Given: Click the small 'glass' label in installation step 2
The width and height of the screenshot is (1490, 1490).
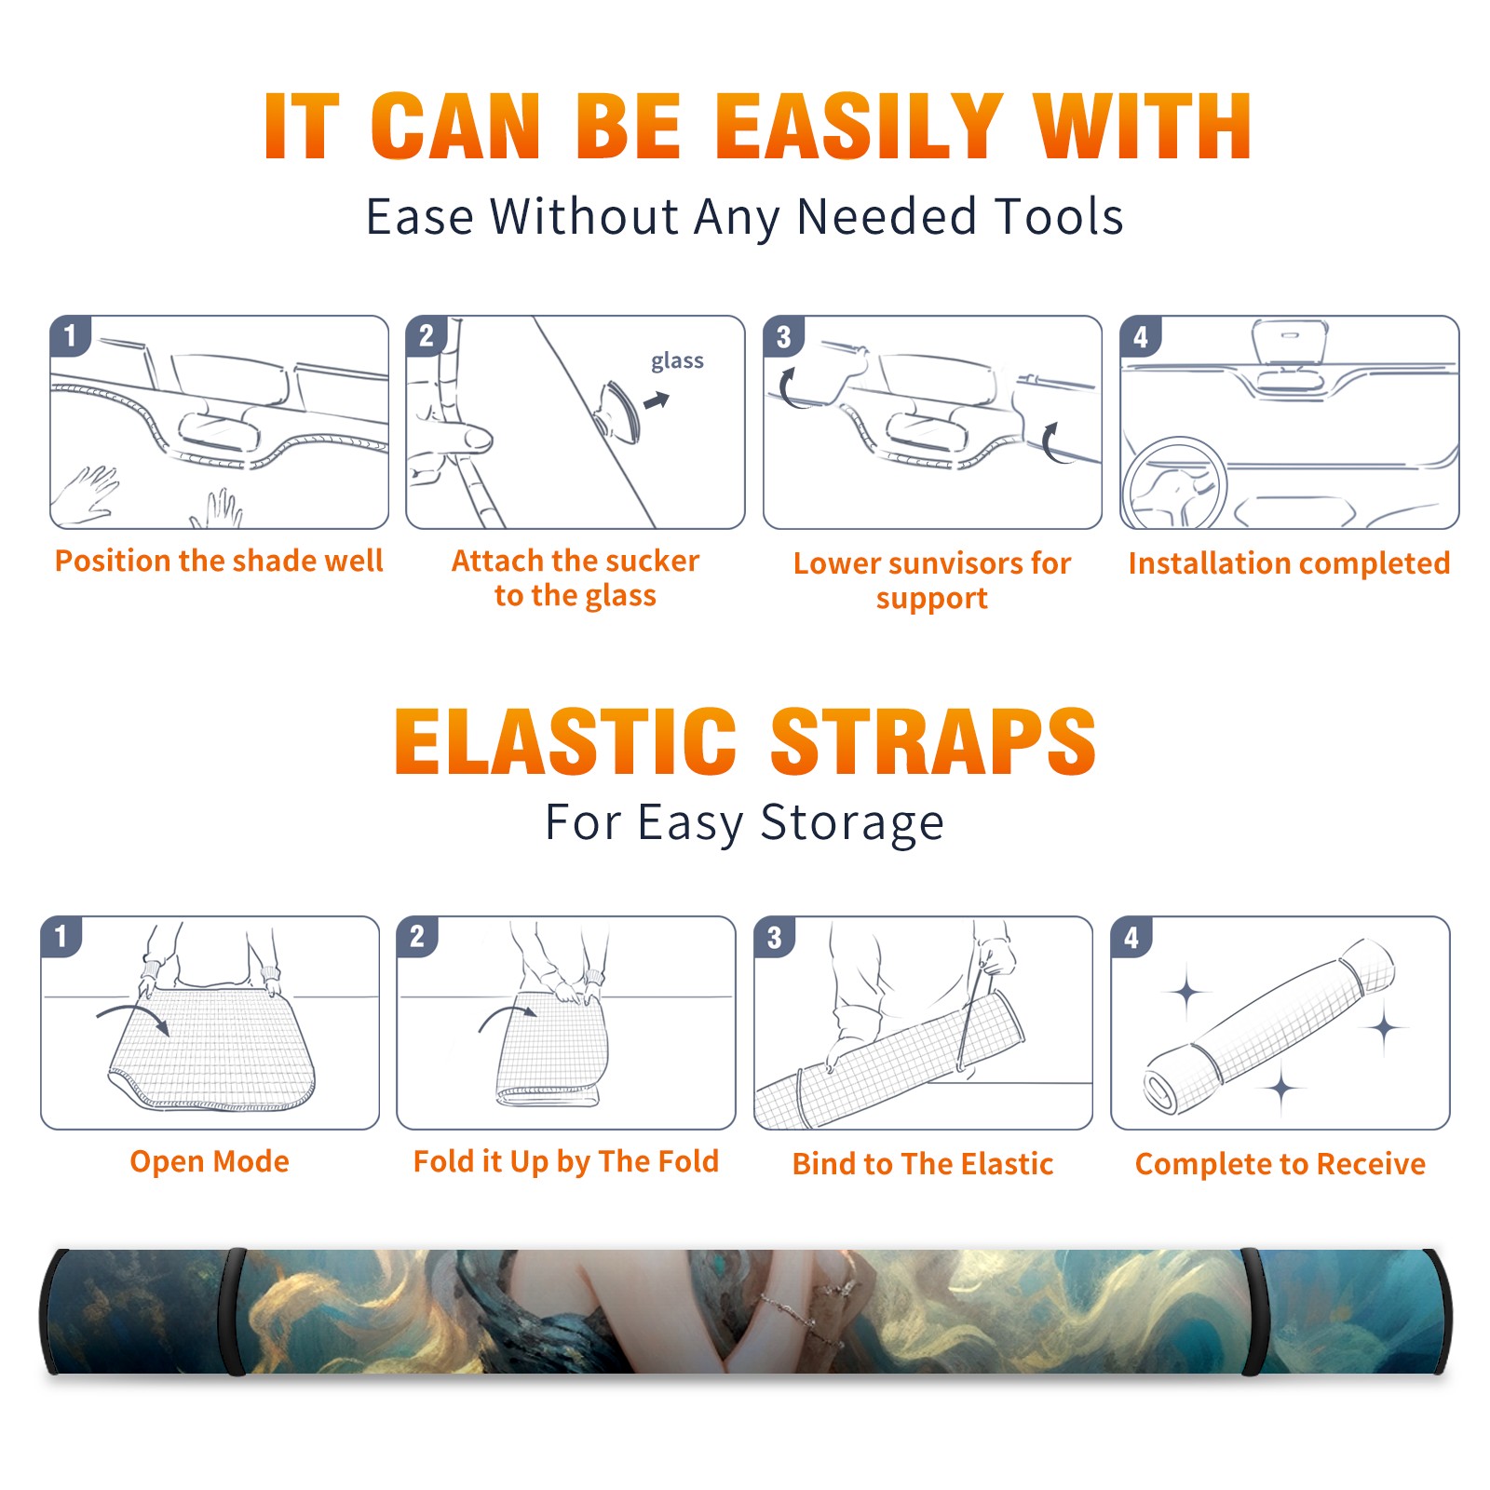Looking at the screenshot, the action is point(677,361).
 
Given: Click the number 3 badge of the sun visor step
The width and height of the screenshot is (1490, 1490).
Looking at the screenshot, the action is point(783,336).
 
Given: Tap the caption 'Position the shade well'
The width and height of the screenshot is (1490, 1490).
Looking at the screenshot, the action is point(219,561).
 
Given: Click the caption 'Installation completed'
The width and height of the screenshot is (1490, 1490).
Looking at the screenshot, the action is point(1289,562).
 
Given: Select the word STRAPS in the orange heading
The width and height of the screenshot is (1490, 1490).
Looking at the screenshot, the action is point(933,741).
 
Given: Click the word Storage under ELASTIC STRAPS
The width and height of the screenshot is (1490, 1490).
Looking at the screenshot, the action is point(852,823).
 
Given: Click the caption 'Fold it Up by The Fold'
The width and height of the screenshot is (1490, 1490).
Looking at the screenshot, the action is point(566,1161).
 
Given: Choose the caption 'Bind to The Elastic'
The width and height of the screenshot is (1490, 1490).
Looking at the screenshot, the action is point(923,1163).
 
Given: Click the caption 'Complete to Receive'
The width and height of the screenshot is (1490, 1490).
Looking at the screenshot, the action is point(1280,1163).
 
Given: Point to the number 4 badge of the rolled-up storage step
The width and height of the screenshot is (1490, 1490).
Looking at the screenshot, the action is point(1131,937).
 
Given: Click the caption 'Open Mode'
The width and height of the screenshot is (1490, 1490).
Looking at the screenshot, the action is point(210,1161).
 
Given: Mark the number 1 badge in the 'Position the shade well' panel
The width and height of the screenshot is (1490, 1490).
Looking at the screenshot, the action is point(70,335).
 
